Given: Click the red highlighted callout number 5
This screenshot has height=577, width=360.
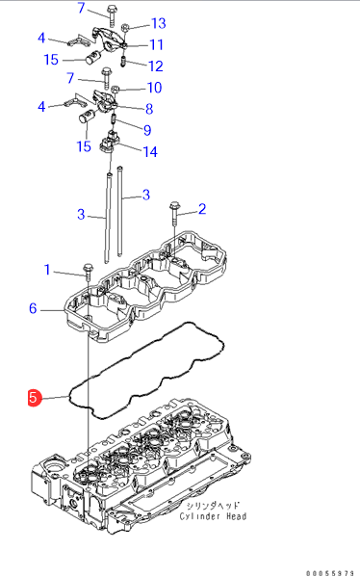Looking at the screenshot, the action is (x=34, y=398).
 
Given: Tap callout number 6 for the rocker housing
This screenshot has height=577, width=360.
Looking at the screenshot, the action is (x=33, y=308).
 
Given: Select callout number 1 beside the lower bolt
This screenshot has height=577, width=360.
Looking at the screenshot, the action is (x=47, y=270).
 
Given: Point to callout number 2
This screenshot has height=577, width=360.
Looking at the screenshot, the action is (x=202, y=209).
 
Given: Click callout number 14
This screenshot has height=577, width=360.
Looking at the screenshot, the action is (x=150, y=151).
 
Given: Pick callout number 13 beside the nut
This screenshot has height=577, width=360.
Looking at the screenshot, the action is (x=159, y=23).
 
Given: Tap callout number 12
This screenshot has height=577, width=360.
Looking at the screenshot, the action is (x=156, y=66).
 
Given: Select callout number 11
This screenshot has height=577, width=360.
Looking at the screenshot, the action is (x=157, y=45).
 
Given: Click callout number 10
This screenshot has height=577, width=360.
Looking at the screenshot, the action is (x=154, y=88).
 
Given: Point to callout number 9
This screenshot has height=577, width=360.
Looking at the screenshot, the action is (x=147, y=130).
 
